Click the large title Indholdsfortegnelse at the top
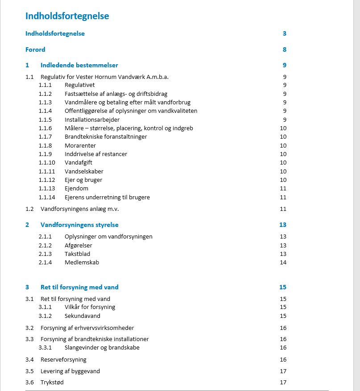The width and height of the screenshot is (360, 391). [x=67, y=16]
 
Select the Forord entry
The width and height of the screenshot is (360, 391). [x=35, y=49]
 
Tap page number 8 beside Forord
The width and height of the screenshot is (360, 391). [x=284, y=49]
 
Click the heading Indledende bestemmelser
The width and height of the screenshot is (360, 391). [x=79, y=65]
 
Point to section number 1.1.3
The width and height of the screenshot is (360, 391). [x=45, y=102]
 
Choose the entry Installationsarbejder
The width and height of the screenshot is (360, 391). [x=92, y=119]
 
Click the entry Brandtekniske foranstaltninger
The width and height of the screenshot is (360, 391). [x=106, y=136]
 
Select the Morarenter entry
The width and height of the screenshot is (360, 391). [x=80, y=145]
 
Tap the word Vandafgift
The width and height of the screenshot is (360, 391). [x=78, y=162]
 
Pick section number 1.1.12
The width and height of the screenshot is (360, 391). [x=46, y=180]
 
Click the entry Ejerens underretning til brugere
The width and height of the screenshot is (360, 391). [x=107, y=197]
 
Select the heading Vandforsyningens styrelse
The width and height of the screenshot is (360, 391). [x=79, y=225]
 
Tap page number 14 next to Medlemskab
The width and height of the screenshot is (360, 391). [x=283, y=262]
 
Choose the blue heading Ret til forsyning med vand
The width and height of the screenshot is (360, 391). [x=79, y=287]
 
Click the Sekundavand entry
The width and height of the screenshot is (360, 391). [x=82, y=316]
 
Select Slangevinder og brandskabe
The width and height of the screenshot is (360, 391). [x=102, y=347]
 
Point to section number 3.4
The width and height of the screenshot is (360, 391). [x=29, y=359]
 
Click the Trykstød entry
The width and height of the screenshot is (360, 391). [x=52, y=382]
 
